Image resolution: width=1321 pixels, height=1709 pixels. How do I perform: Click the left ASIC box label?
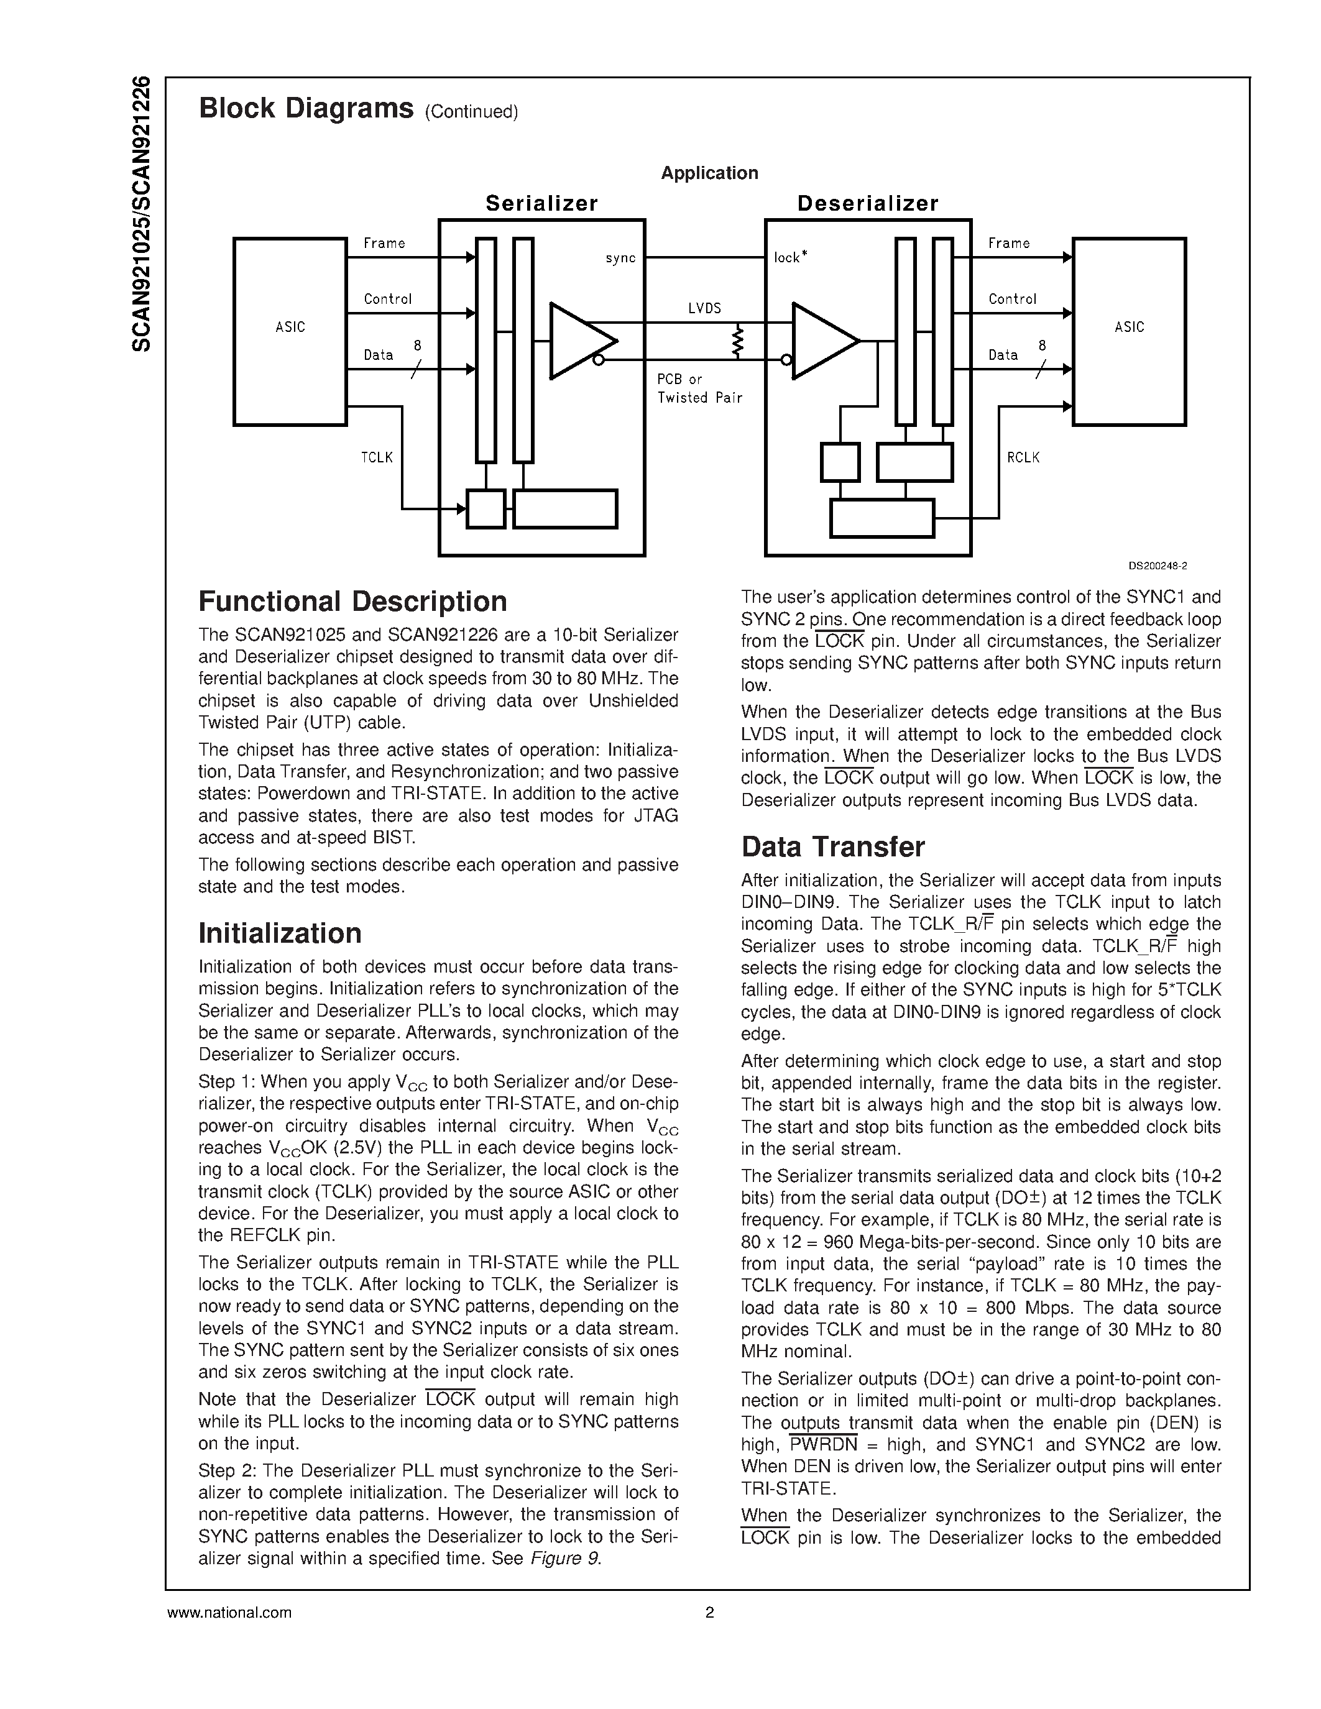point(290,327)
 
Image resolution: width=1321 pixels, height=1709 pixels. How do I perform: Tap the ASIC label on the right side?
point(1128,327)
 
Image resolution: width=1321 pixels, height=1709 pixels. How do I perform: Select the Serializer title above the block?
point(541,203)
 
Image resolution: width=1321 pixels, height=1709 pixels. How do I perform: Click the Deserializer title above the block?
point(867,203)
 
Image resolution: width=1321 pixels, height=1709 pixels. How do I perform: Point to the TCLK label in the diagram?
point(377,457)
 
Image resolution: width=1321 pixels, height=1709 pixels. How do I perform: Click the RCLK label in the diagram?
point(1023,457)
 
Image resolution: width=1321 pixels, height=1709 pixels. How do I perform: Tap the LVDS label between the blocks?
point(704,308)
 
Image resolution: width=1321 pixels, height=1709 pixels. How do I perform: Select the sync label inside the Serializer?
point(620,259)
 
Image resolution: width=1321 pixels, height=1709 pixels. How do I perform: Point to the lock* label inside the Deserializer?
point(789,257)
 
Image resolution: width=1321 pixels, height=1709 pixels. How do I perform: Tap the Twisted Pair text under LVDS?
point(699,398)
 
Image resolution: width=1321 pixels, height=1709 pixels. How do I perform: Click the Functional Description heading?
point(353,602)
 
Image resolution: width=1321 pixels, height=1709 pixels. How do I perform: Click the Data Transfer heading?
point(832,846)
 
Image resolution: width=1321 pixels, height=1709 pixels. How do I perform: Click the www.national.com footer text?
point(229,1613)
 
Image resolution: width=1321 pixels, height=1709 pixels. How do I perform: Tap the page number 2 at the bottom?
point(709,1613)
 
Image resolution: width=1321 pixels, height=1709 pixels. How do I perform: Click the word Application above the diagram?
point(709,173)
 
